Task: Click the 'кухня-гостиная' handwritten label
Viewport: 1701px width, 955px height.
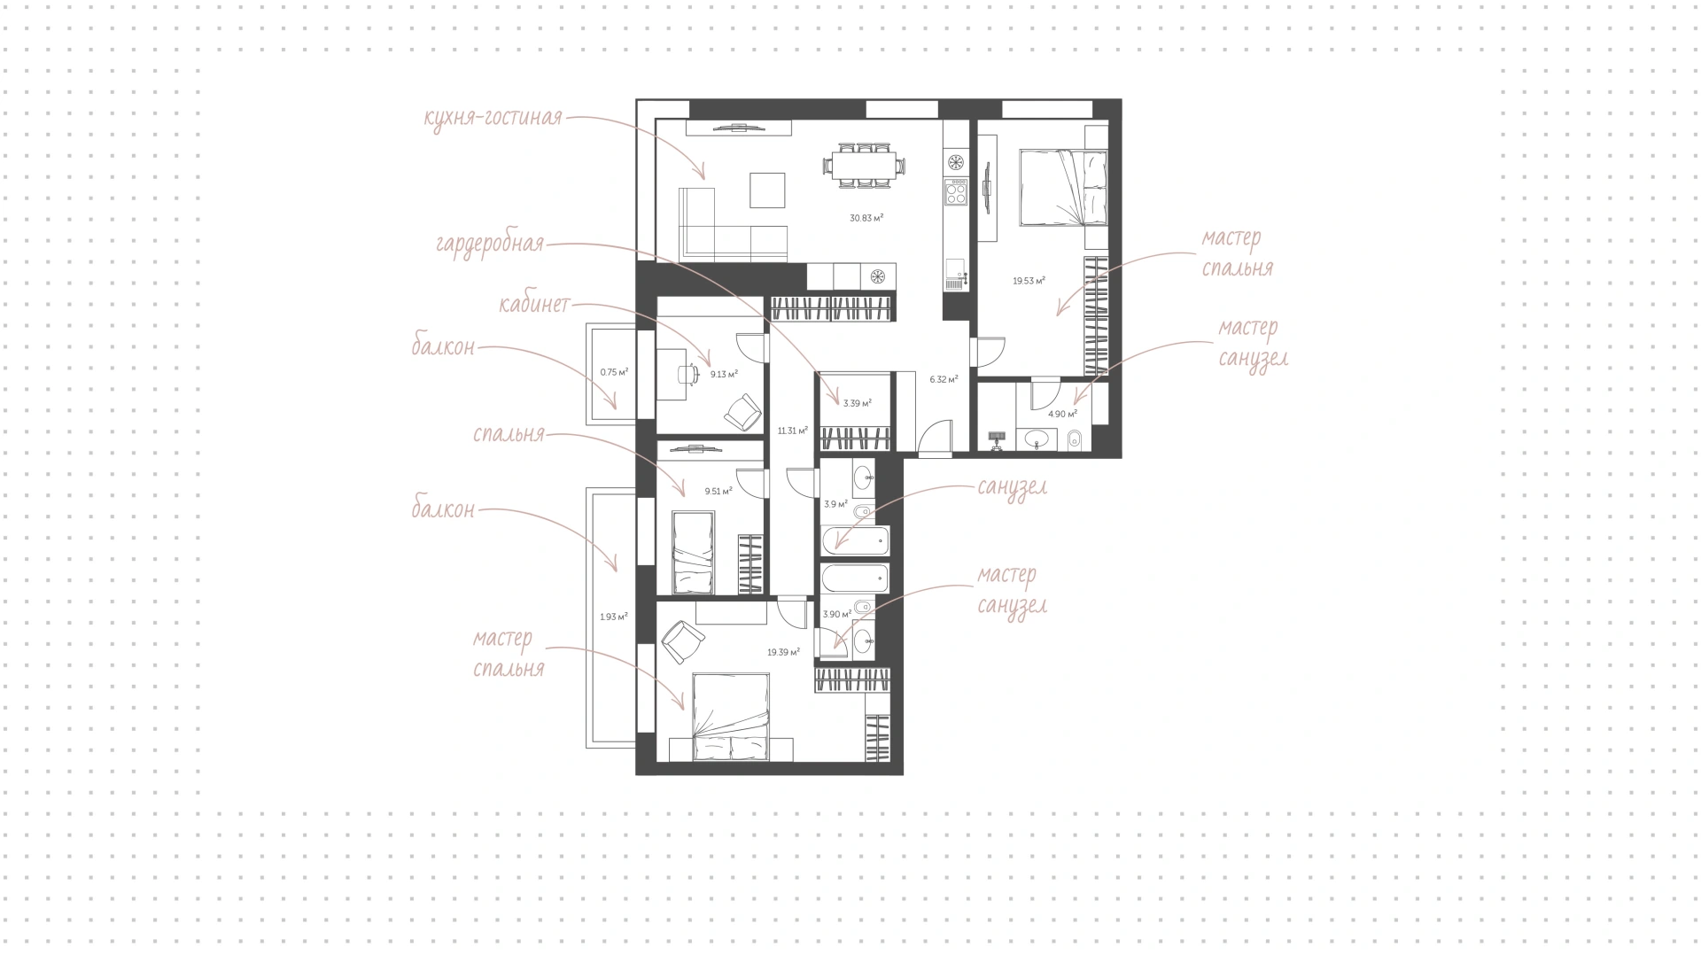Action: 493,118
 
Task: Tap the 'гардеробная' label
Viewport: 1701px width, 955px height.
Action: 490,244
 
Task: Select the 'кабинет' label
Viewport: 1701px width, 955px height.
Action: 534,305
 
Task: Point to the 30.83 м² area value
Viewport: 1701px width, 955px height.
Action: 866,217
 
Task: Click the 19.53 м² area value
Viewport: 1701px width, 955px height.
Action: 1029,281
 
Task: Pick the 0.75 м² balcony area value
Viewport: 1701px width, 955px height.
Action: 614,372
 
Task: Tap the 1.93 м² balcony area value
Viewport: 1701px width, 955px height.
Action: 614,617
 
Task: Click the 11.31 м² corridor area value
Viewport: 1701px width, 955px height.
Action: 793,431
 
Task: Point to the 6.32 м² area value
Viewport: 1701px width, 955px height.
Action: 944,379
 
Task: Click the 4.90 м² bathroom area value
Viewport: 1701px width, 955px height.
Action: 1062,414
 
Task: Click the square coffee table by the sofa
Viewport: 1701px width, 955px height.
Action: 767,190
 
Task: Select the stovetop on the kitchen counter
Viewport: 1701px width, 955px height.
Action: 956,191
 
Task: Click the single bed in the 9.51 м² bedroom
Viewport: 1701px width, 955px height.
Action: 693,552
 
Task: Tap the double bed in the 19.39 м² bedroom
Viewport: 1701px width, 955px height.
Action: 731,717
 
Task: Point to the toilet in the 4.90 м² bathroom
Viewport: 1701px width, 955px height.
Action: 1074,439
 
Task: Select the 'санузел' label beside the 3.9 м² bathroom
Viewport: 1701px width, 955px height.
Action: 1013,487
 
